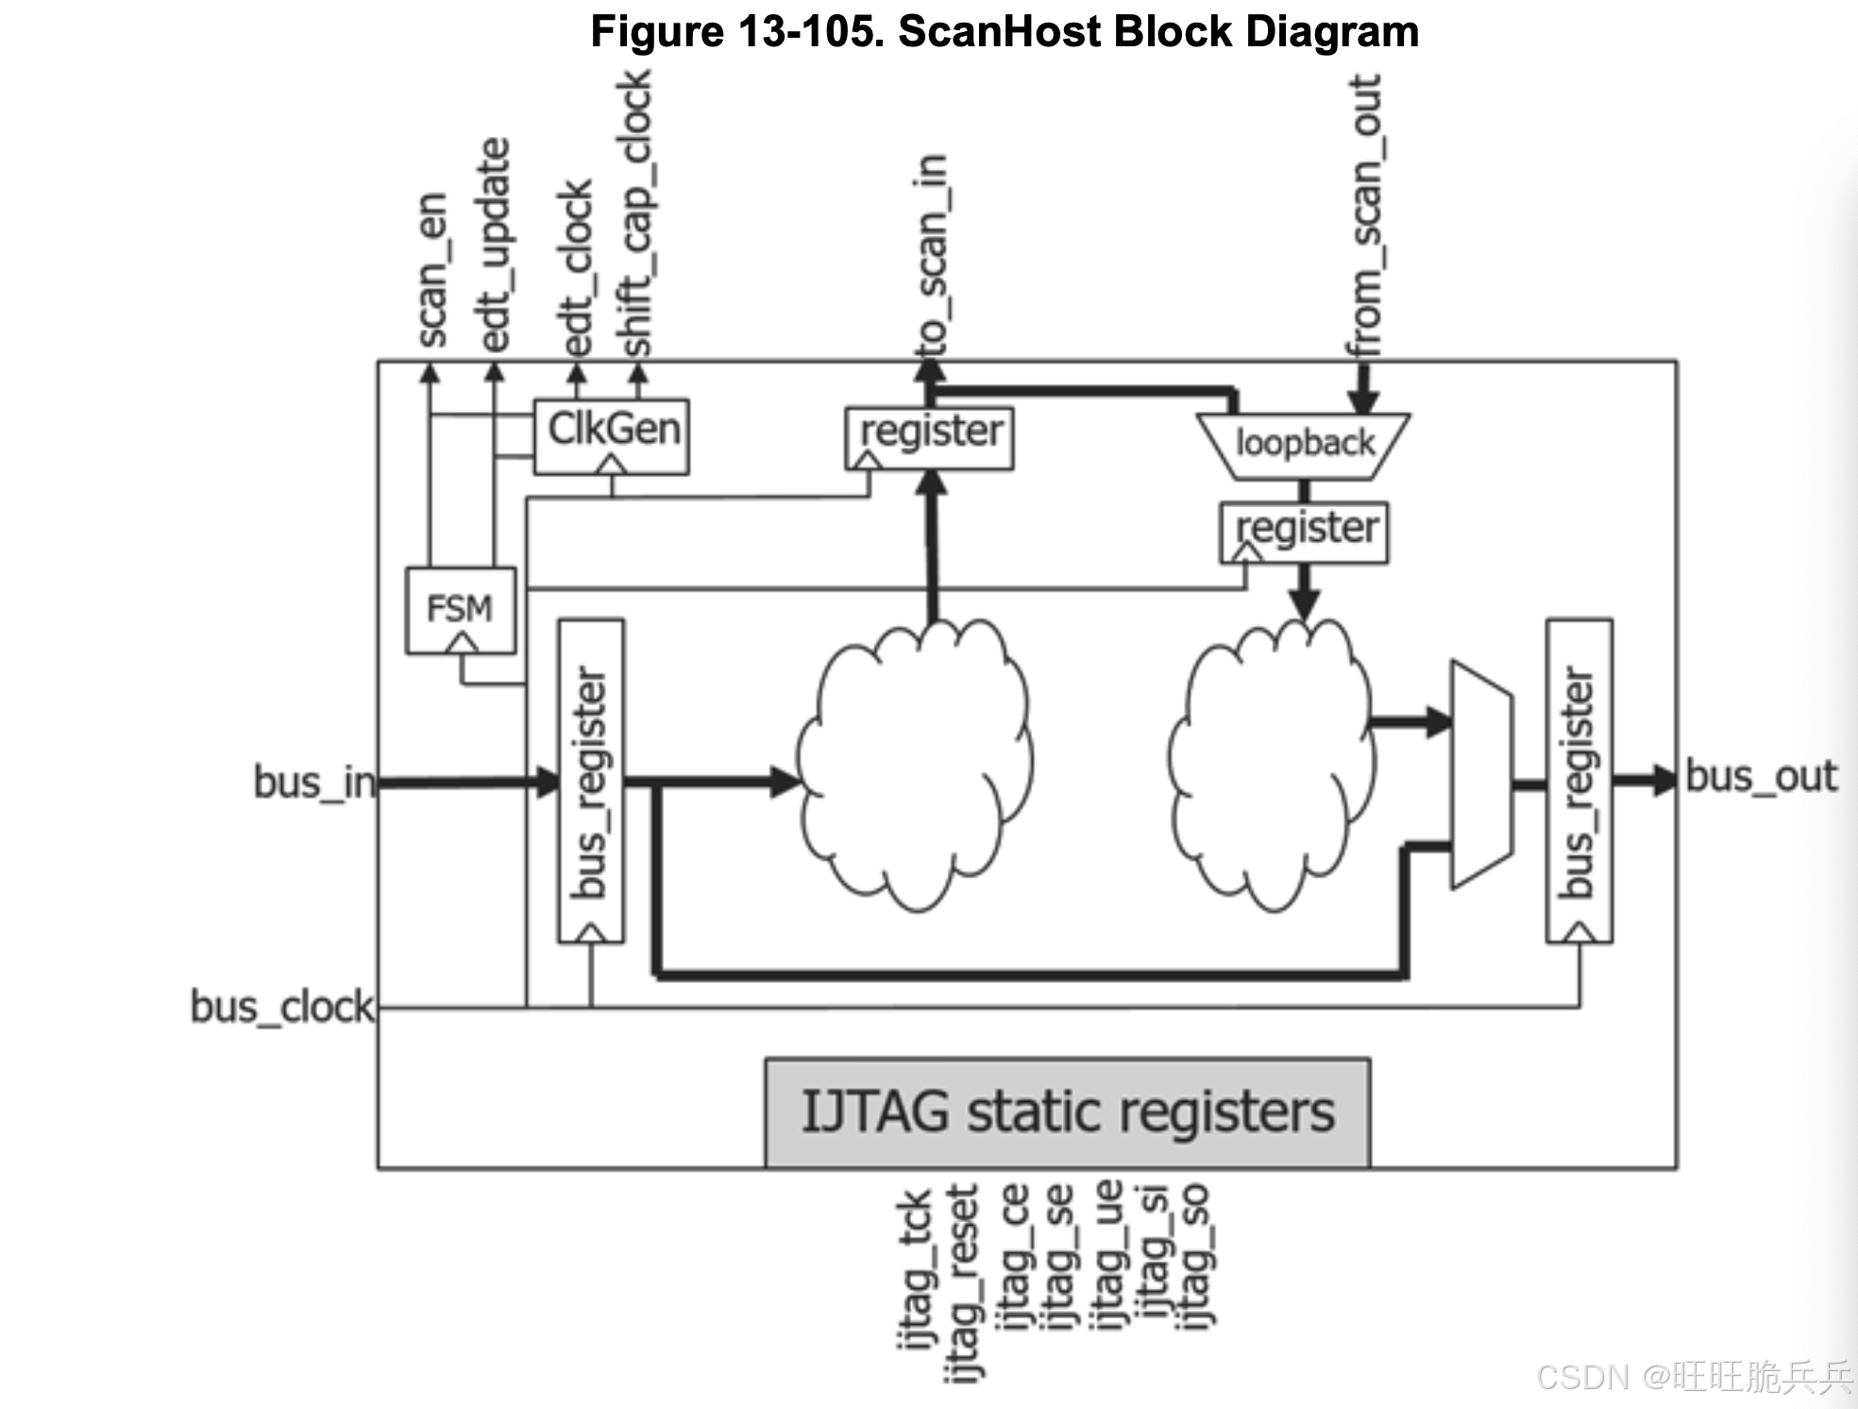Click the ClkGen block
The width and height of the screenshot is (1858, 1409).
[x=612, y=435]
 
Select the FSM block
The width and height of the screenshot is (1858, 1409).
[x=460, y=609]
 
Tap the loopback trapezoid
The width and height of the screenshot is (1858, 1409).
[x=1304, y=444]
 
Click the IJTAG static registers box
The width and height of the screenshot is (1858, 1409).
[x=1067, y=1112]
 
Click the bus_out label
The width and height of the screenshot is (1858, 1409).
[x=1760, y=776]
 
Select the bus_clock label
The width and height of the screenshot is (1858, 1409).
[x=281, y=1007]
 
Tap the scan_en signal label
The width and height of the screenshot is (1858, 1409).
[x=431, y=270]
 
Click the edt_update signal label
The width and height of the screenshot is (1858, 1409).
[x=495, y=246]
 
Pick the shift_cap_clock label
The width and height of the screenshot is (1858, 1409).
[x=634, y=213]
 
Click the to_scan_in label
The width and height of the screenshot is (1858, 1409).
[x=931, y=255]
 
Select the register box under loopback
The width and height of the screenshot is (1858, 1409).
[x=1304, y=532]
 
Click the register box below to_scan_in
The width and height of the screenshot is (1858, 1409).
[x=929, y=437]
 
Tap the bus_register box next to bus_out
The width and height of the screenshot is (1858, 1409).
[x=1579, y=780]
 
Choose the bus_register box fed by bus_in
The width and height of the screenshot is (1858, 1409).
[x=591, y=780]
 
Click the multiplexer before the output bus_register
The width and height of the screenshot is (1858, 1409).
[x=1480, y=774]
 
